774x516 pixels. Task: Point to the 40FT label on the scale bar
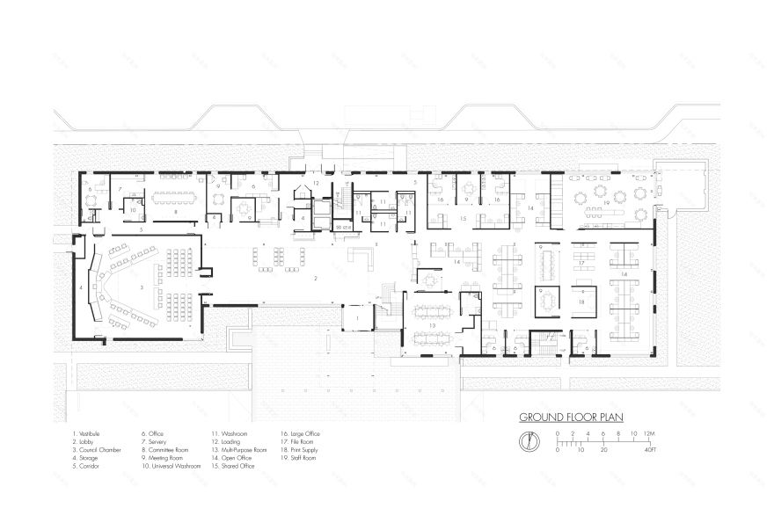[650, 449]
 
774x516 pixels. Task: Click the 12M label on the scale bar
[648, 433]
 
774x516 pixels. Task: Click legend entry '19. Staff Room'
[299, 457]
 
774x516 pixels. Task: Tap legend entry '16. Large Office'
[301, 433]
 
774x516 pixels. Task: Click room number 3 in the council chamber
[142, 287]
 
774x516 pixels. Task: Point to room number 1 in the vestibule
[356, 317]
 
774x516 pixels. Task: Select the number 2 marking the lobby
[314, 278]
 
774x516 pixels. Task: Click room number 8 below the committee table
[176, 212]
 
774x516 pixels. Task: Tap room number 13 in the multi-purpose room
[432, 324]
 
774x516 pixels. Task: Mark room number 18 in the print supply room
[581, 301]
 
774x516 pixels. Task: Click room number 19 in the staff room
[607, 202]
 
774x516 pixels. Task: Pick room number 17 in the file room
[582, 263]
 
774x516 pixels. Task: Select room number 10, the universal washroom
[132, 210]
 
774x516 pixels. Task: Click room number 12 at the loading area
[314, 183]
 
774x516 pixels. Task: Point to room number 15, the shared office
[463, 217]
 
